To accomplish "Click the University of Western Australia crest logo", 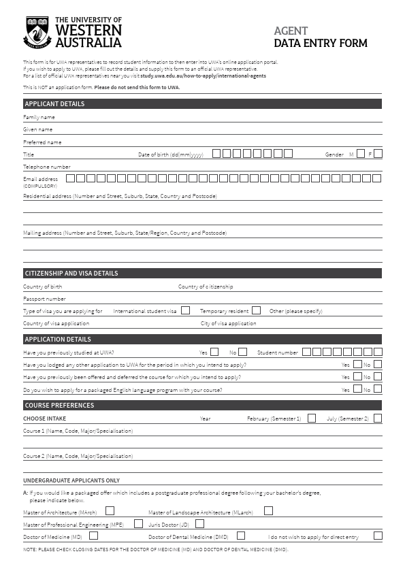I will coord(38,33).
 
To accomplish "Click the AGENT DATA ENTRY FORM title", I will coord(320,37).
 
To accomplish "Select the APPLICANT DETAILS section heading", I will coord(54,104).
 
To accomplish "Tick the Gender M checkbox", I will coord(361,154).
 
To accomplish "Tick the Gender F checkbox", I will coord(378,154).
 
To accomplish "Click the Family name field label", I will coord(39,117).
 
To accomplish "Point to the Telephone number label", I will coord(46,167).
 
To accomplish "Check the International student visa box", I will coord(185,310).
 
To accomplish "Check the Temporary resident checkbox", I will coord(256,310).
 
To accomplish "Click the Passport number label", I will coord(44,299).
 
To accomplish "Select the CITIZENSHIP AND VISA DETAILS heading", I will coord(71,274).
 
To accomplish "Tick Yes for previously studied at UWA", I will coord(214,353).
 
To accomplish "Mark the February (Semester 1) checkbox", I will coord(312,419).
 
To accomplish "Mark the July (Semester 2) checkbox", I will coord(378,419).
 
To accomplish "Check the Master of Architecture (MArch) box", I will coord(110,510).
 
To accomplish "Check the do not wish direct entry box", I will coord(378,536).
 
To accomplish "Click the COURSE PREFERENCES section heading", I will coord(59,406).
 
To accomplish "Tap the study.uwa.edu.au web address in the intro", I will coord(203,76).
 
